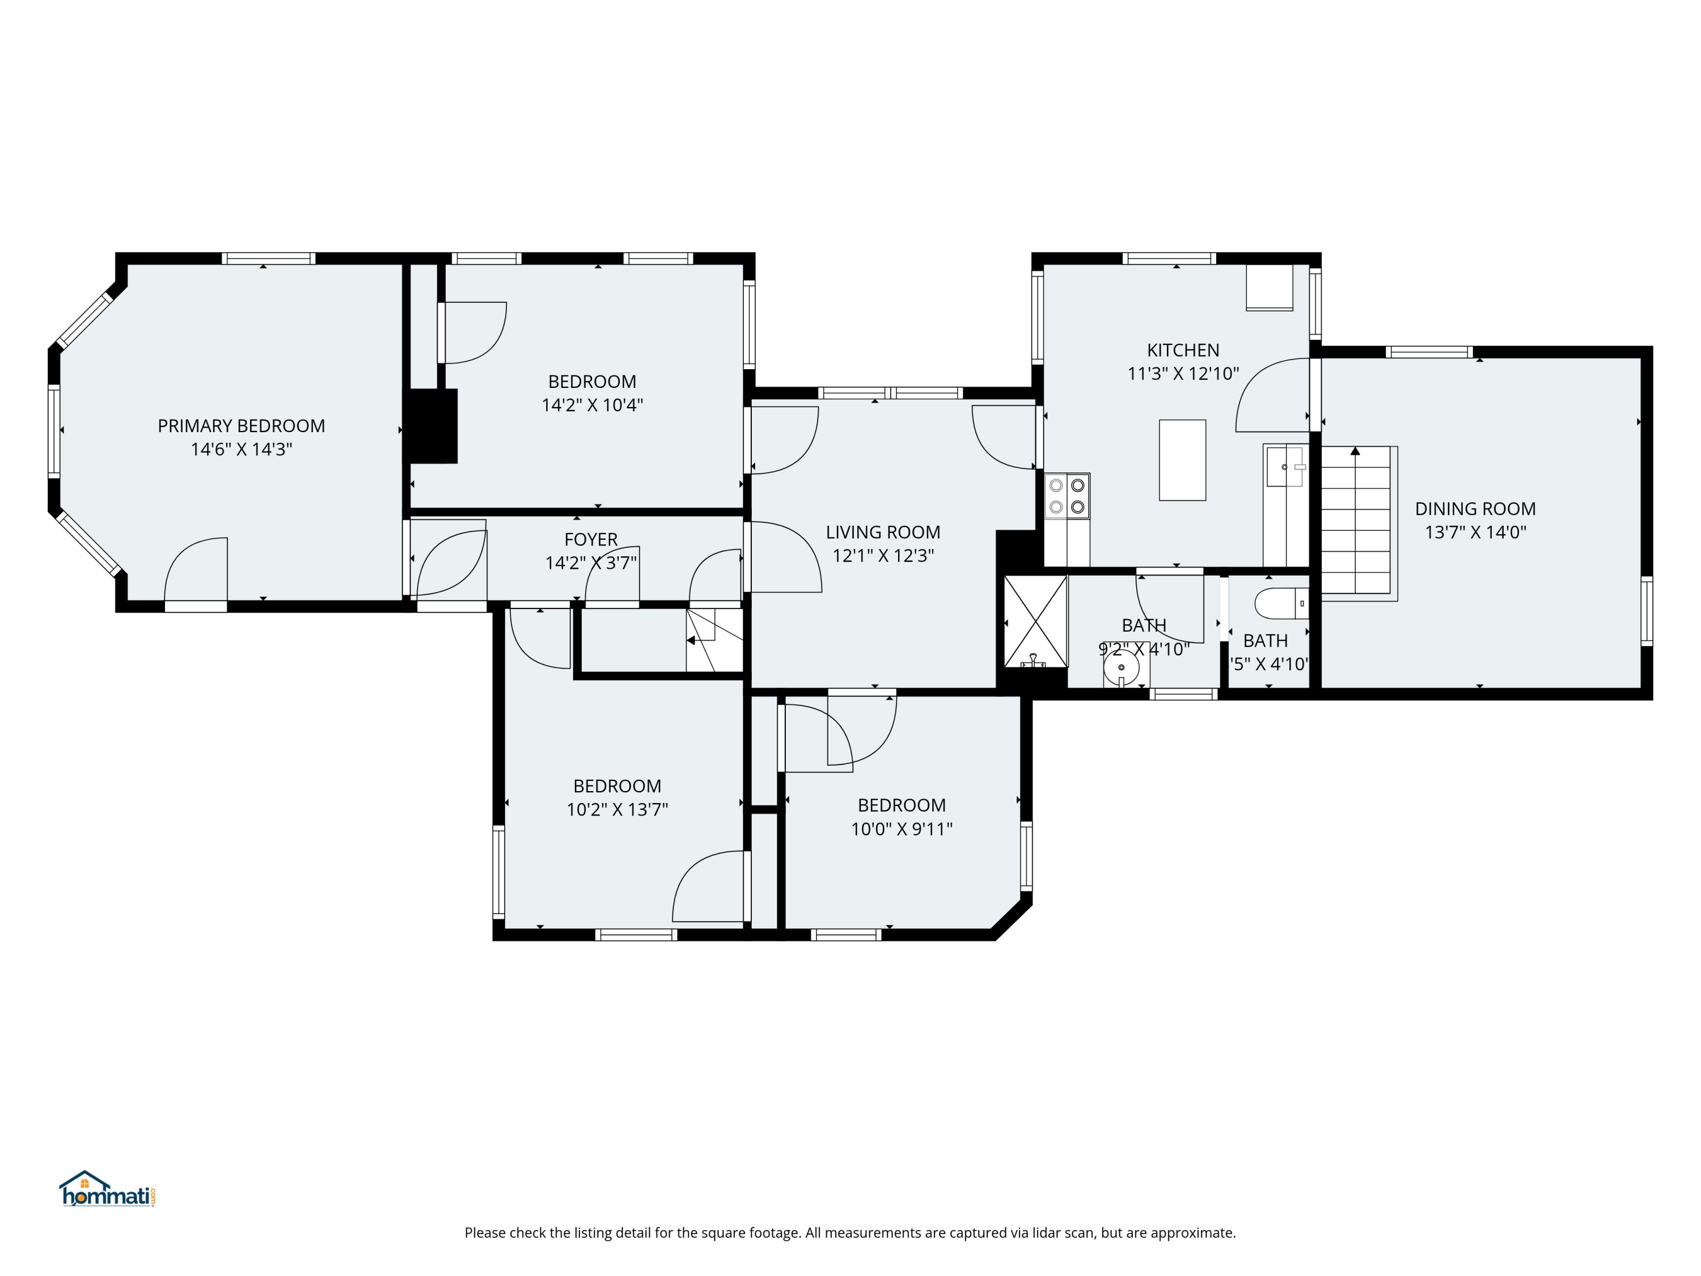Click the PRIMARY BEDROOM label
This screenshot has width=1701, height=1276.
tap(241, 426)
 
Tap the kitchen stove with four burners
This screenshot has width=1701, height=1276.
tap(1067, 496)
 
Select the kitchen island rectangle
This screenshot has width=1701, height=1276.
tap(1182, 460)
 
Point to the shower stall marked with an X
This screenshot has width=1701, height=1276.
tap(1035, 622)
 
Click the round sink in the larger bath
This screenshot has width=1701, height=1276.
tap(1121, 667)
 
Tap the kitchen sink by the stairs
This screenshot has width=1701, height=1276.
tap(1284, 467)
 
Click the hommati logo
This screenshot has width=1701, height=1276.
tap(108, 1190)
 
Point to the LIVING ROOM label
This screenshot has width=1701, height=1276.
tap(883, 533)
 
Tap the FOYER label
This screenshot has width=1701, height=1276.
tap(591, 539)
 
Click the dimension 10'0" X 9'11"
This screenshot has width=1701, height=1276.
tap(902, 829)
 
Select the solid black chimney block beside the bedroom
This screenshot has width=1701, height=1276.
tap(432, 426)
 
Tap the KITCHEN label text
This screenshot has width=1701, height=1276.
tap(1183, 350)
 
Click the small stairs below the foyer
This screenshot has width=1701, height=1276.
tap(714, 640)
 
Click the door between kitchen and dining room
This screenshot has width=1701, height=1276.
tap(1273, 395)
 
